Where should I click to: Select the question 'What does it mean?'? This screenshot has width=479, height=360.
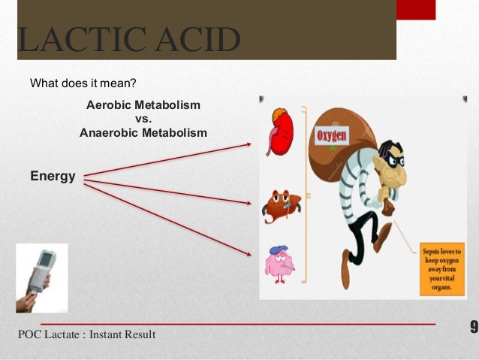pos(83,83)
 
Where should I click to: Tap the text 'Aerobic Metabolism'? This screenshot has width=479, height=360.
pos(143,104)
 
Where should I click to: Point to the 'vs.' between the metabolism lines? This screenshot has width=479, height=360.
pos(143,119)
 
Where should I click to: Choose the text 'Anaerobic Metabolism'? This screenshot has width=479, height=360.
pos(143,133)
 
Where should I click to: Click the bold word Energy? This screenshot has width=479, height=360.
pos(53,176)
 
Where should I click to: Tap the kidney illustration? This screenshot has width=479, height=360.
pos(280,132)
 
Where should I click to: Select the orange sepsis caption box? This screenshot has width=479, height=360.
pos(441,267)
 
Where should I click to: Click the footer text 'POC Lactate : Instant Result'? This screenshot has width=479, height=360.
pos(86,334)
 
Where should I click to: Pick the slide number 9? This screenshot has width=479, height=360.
pos(473,327)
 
